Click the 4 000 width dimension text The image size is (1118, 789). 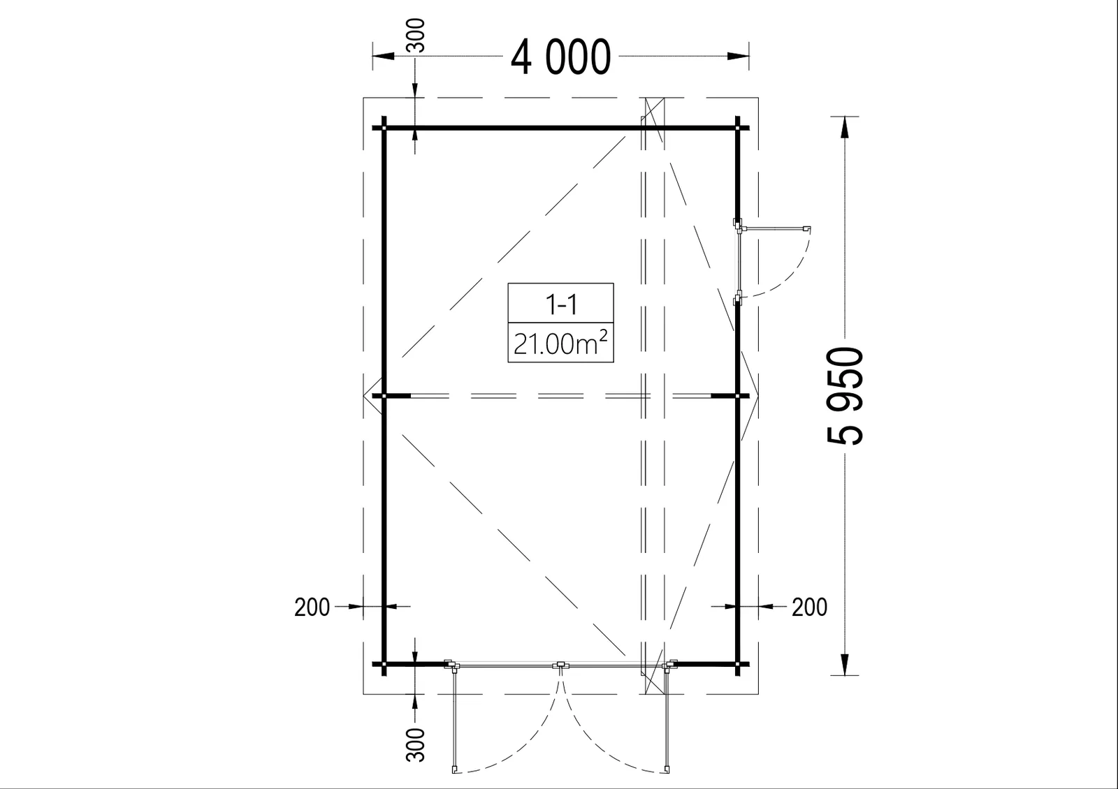560,57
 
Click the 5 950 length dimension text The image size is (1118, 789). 845,395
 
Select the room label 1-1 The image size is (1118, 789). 562,304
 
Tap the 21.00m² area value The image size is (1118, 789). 560,343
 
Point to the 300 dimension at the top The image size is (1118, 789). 416,35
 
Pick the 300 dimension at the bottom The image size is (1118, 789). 416,744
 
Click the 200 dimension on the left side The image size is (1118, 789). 312,607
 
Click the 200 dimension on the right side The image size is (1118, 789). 810,607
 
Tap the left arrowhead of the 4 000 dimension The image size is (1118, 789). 384,56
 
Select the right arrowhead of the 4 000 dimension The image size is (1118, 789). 738,56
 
